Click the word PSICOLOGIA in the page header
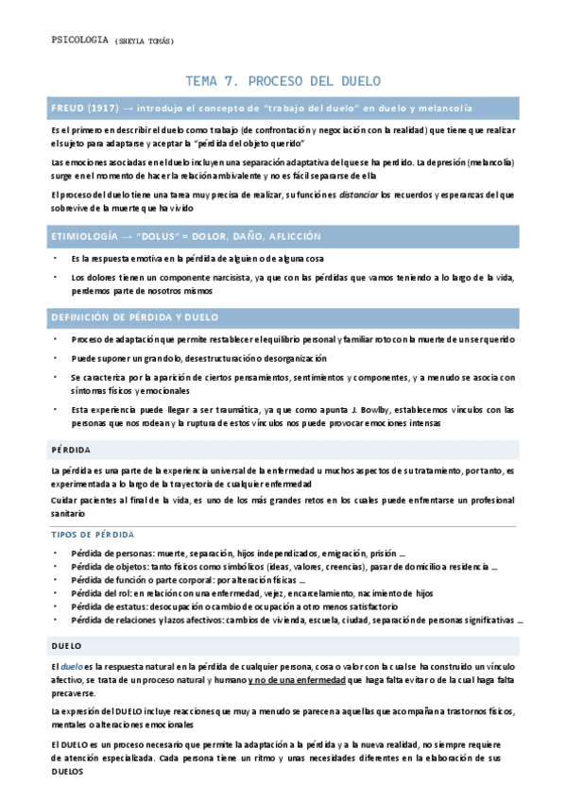click(x=78, y=40)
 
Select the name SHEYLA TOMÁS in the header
click(x=144, y=41)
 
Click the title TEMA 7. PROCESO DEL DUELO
click(x=283, y=81)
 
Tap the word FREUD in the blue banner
click(x=68, y=109)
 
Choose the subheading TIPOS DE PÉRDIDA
click(x=92, y=535)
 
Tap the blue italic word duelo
click(x=71, y=667)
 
